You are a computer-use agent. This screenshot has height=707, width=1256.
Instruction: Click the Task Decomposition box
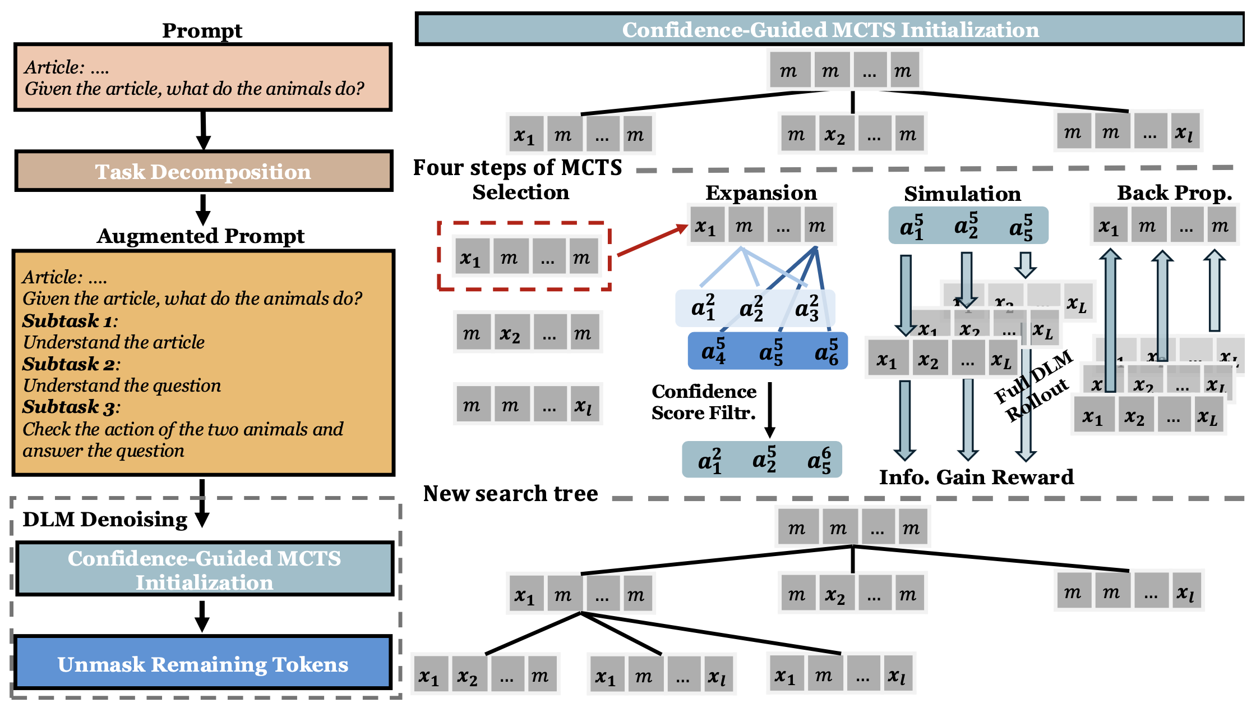[x=203, y=171]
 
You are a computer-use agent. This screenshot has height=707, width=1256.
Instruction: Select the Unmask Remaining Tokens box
[x=203, y=663]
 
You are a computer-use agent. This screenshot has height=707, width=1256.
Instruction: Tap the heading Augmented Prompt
[x=201, y=236]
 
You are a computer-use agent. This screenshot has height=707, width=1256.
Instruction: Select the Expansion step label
[x=761, y=192]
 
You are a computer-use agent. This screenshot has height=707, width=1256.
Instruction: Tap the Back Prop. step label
[x=1174, y=192]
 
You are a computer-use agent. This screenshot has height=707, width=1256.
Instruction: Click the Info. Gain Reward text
[x=976, y=477]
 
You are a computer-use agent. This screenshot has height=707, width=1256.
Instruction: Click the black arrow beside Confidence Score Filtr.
[x=770, y=410]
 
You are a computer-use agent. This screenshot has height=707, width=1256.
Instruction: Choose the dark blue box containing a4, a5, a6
[x=768, y=351]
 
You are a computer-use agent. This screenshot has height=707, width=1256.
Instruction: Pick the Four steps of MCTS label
[x=517, y=167]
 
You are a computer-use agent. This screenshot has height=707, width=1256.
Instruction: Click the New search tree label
[x=510, y=493]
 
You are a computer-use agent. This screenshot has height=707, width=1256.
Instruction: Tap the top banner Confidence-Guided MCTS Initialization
[x=830, y=30]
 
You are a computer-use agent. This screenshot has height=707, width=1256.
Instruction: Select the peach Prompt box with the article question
[x=203, y=77]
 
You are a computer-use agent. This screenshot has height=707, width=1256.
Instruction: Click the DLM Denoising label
[x=105, y=519]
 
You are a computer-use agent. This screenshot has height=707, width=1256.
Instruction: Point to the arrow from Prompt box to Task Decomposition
[x=204, y=130]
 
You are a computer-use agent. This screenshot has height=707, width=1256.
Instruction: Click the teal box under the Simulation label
[x=968, y=226]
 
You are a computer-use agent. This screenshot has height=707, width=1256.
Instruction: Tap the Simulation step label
[x=962, y=194]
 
